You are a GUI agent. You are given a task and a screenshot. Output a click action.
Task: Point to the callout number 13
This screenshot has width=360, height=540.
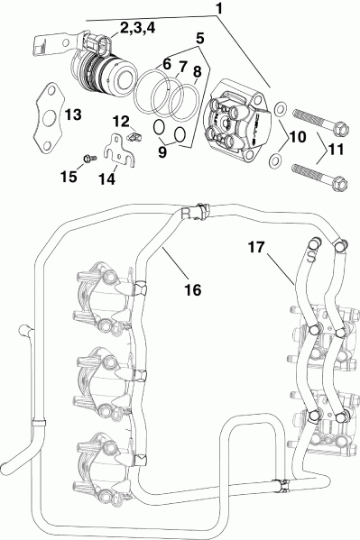click(x=72, y=114)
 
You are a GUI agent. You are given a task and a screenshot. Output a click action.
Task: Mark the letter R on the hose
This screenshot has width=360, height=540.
click(x=186, y=214)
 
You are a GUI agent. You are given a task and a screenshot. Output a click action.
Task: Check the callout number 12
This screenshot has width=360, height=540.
click(x=121, y=121)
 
